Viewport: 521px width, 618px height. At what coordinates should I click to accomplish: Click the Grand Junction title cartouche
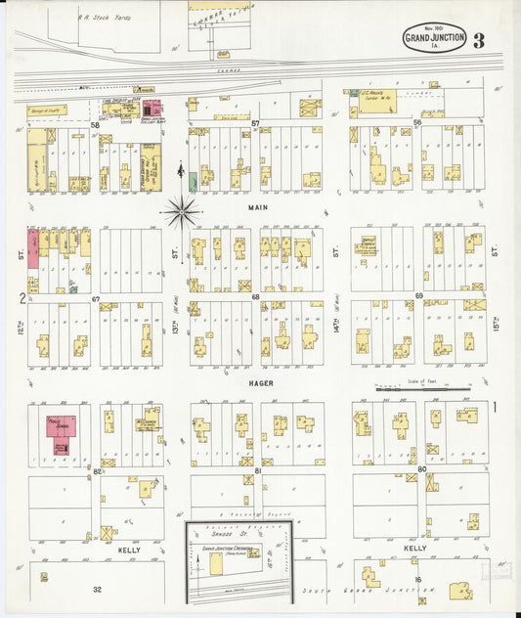[434, 40]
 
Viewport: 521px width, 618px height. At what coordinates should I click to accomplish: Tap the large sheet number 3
[478, 40]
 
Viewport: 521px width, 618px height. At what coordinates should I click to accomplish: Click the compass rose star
[182, 209]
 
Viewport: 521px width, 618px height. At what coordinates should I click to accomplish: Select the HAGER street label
[259, 384]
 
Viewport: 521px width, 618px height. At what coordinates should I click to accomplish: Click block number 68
[256, 296]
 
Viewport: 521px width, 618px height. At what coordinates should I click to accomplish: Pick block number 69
[418, 295]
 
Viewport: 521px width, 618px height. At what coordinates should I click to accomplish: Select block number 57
[255, 124]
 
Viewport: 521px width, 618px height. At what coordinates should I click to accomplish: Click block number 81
[258, 471]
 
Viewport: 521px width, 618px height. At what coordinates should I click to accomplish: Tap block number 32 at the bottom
[97, 590]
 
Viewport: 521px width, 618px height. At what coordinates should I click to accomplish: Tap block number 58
[96, 125]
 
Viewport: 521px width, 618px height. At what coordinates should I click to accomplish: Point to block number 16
[417, 581]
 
